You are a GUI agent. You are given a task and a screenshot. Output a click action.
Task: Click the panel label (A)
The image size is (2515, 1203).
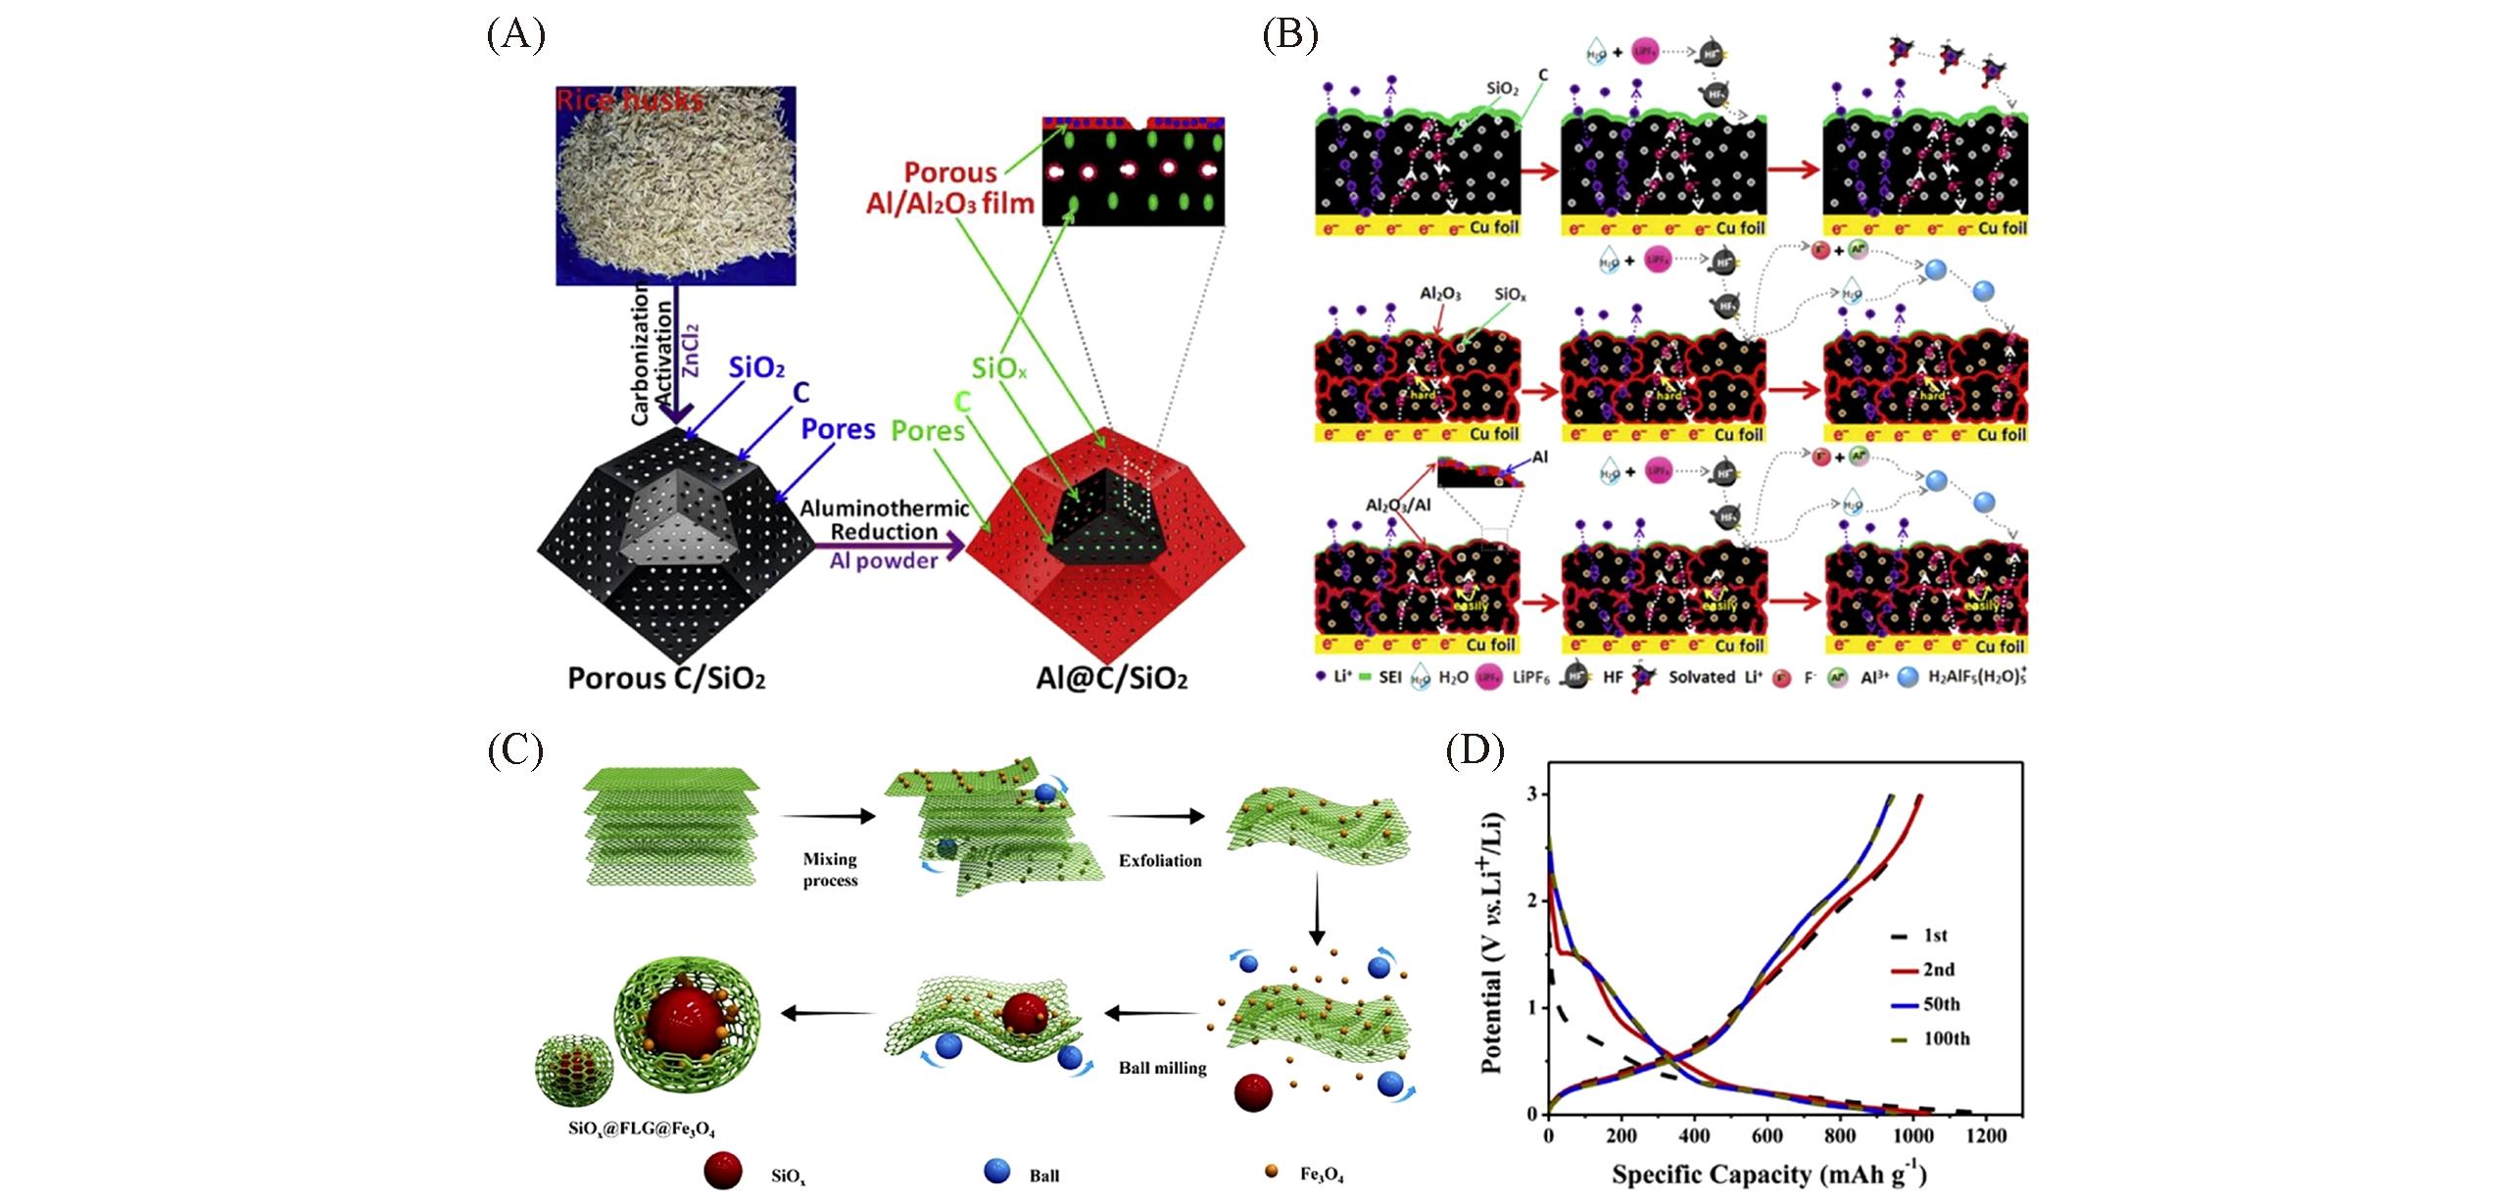515,36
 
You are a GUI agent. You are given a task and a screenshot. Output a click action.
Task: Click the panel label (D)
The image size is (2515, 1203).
1475,751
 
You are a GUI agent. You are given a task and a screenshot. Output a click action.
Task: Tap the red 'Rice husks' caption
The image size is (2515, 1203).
629,100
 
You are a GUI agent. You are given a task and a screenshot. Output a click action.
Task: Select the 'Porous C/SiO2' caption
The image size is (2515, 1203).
666,679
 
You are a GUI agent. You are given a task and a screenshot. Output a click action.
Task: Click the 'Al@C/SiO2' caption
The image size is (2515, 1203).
1112,679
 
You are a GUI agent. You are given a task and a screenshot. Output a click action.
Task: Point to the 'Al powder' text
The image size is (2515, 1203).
884,560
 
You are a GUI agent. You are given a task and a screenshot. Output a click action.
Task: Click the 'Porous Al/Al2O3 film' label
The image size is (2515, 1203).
949,188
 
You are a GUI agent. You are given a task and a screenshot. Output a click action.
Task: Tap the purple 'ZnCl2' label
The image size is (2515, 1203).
691,350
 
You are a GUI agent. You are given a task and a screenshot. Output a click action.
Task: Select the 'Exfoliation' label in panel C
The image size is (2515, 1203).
1160,860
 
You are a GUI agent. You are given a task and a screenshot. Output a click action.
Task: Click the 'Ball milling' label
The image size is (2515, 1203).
1162,1068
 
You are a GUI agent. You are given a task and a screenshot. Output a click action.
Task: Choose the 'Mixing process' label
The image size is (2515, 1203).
830,870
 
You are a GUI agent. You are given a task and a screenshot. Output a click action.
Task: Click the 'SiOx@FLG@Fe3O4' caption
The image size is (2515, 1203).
642,1129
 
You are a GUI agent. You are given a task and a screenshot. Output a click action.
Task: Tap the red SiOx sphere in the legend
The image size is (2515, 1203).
723,1171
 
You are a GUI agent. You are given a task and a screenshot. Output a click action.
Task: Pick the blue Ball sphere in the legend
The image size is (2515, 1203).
997,1171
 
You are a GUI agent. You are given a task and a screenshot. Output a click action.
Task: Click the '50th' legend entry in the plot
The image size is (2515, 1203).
1941,1004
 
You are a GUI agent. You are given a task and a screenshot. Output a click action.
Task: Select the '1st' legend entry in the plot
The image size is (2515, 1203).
1935,936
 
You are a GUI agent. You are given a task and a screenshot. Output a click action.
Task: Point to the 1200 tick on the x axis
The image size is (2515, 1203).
1986,1135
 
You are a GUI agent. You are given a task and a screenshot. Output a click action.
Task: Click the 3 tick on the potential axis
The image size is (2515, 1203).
1531,794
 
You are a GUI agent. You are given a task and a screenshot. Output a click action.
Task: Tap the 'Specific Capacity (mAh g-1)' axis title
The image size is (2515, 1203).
1768,1174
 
